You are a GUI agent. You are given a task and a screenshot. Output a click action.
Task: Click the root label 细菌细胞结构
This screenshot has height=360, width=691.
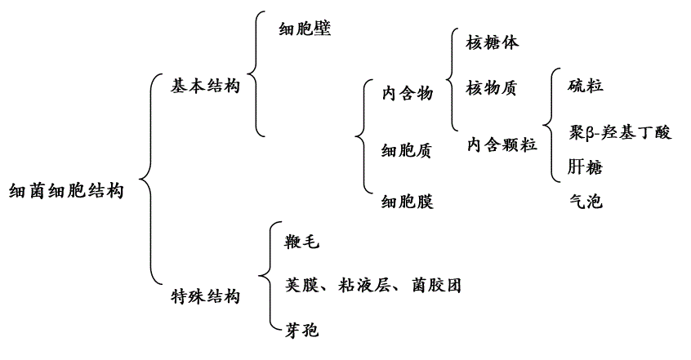[x=66, y=191]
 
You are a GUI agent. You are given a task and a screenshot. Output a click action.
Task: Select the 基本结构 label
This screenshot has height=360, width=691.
[x=205, y=86]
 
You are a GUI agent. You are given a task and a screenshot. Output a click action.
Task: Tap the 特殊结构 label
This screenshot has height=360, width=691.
[x=205, y=296]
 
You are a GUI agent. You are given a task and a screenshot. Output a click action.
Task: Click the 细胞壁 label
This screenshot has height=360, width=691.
[x=305, y=29]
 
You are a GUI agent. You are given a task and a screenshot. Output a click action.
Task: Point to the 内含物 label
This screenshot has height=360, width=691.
[x=408, y=93]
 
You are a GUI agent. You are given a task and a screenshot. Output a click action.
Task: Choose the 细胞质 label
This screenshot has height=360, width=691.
[x=406, y=151]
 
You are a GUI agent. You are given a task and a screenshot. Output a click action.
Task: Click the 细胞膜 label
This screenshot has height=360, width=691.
[x=408, y=202]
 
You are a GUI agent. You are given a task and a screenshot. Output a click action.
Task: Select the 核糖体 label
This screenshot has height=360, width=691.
[x=493, y=42]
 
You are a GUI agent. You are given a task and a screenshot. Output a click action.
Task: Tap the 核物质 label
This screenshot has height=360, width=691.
[x=492, y=88]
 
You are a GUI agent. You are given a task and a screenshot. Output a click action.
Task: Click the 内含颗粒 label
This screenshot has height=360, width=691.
[x=502, y=144]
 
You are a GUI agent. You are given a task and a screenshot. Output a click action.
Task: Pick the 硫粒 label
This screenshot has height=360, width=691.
[x=586, y=85]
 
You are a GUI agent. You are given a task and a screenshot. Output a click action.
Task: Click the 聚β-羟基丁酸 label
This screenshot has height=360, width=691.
[x=620, y=132]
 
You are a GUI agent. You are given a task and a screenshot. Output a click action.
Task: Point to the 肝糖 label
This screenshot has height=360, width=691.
[x=585, y=167]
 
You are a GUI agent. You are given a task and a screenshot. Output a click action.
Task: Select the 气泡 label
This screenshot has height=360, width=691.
[x=586, y=202]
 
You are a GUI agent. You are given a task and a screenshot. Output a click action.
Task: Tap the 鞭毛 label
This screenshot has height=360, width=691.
[x=302, y=242]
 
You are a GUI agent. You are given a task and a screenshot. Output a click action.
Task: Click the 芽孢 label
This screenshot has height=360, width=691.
[x=302, y=330]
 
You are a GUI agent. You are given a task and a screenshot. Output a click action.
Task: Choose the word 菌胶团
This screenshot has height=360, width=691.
[x=437, y=285]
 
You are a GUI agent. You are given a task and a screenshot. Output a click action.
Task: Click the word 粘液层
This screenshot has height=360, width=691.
[x=364, y=285]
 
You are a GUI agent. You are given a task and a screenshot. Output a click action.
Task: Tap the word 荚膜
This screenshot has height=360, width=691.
[x=302, y=285]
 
